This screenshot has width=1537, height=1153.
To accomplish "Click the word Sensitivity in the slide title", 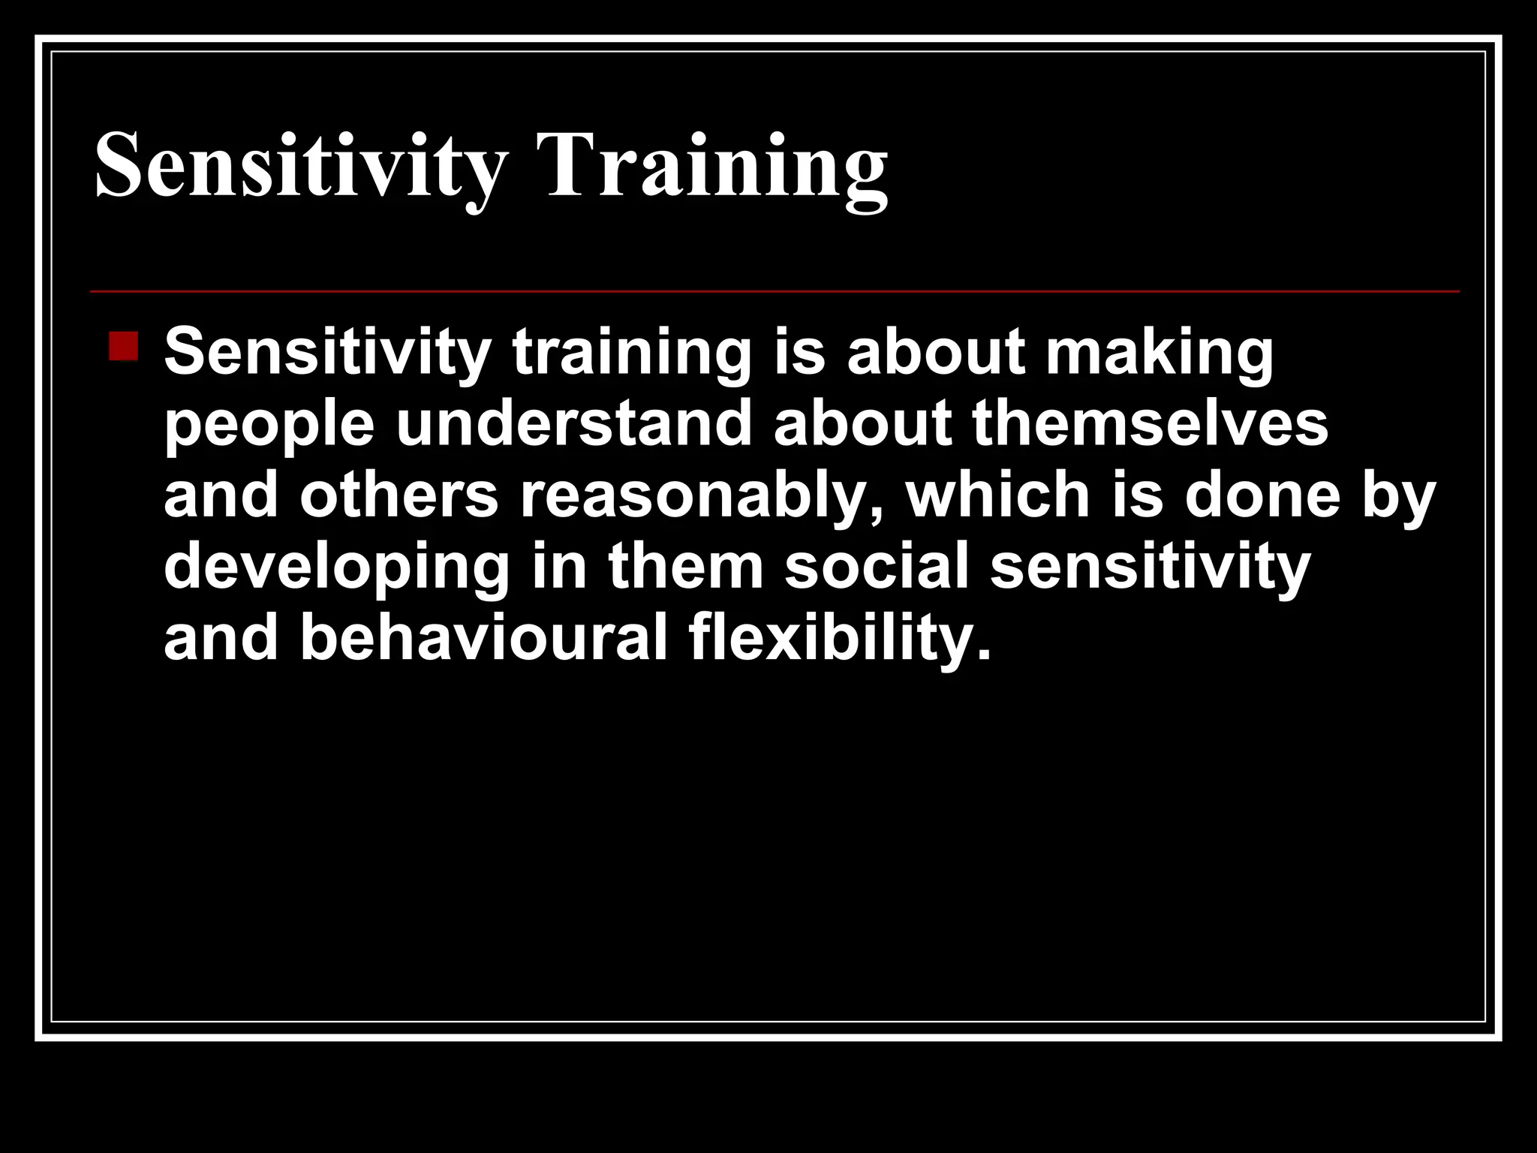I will point(300,165).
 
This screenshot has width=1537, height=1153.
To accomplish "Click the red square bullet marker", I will point(123,347).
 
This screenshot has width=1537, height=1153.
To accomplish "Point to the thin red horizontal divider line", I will point(773,291).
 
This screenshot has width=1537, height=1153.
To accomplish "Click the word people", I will point(269,425).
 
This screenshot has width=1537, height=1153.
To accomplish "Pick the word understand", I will point(574,423).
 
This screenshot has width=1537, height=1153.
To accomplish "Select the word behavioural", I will point(484,639).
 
